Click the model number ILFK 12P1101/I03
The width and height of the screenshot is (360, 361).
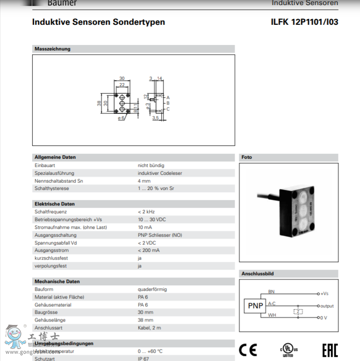[x=305, y=22]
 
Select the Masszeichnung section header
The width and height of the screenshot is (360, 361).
[x=53, y=49]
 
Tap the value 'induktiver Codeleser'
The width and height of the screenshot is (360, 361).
[x=160, y=173]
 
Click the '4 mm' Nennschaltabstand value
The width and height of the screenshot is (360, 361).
[x=144, y=181]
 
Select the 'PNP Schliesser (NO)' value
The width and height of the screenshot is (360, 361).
[x=160, y=235]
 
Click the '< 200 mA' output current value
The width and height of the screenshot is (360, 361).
[x=149, y=250]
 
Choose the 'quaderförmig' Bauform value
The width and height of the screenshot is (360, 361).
[x=152, y=289]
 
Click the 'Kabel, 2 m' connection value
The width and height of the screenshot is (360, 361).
[x=150, y=328]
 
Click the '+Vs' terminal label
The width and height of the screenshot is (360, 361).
[x=324, y=294]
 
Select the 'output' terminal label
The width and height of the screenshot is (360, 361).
[x=327, y=306]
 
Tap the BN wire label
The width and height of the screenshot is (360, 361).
[x=271, y=291]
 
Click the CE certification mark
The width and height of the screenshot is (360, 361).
[x=248, y=350]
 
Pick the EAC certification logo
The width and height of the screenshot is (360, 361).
[x=330, y=350]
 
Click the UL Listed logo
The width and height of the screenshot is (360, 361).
[x=288, y=350]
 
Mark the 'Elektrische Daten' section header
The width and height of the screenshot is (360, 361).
[x=55, y=204]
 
